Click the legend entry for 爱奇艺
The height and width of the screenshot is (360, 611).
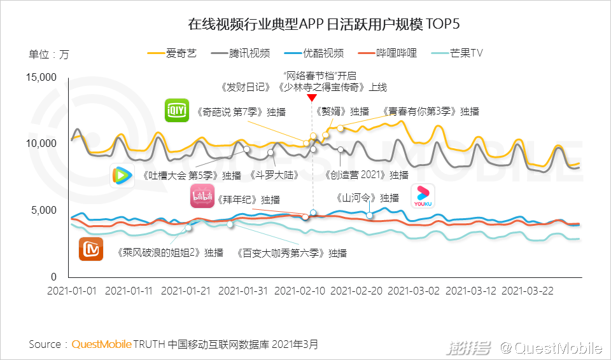[172, 53]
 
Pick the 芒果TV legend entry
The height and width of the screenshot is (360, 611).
[457, 53]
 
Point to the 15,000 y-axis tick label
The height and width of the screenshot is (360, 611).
[41, 78]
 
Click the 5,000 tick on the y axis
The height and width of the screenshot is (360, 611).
[45, 211]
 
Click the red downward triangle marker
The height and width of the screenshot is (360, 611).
[312, 97]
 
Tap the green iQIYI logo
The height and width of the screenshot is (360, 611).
[176, 111]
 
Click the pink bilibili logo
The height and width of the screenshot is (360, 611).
[202, 197]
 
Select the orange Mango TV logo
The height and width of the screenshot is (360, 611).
[91, 249]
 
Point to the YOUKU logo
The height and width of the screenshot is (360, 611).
[423, 196]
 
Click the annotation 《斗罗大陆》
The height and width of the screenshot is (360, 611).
[274, 175]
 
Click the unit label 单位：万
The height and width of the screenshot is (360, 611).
[49, 54]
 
